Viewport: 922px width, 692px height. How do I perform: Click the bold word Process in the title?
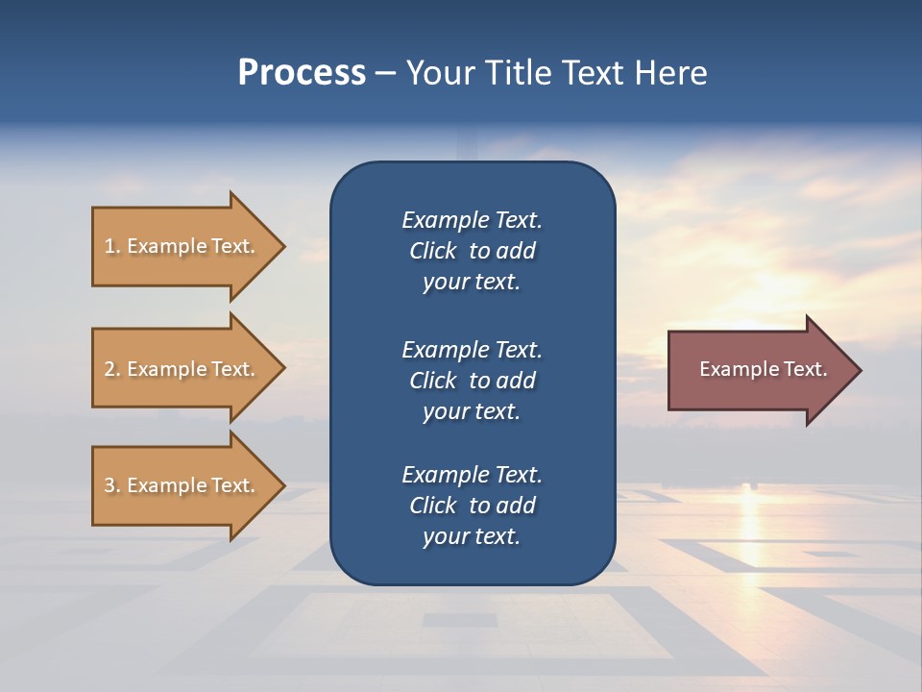point(302,73)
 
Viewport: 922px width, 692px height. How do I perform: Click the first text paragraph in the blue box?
point(472,251)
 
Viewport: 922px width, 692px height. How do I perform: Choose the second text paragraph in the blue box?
point(472,380)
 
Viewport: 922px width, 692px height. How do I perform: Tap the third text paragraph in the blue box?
point(472,505)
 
